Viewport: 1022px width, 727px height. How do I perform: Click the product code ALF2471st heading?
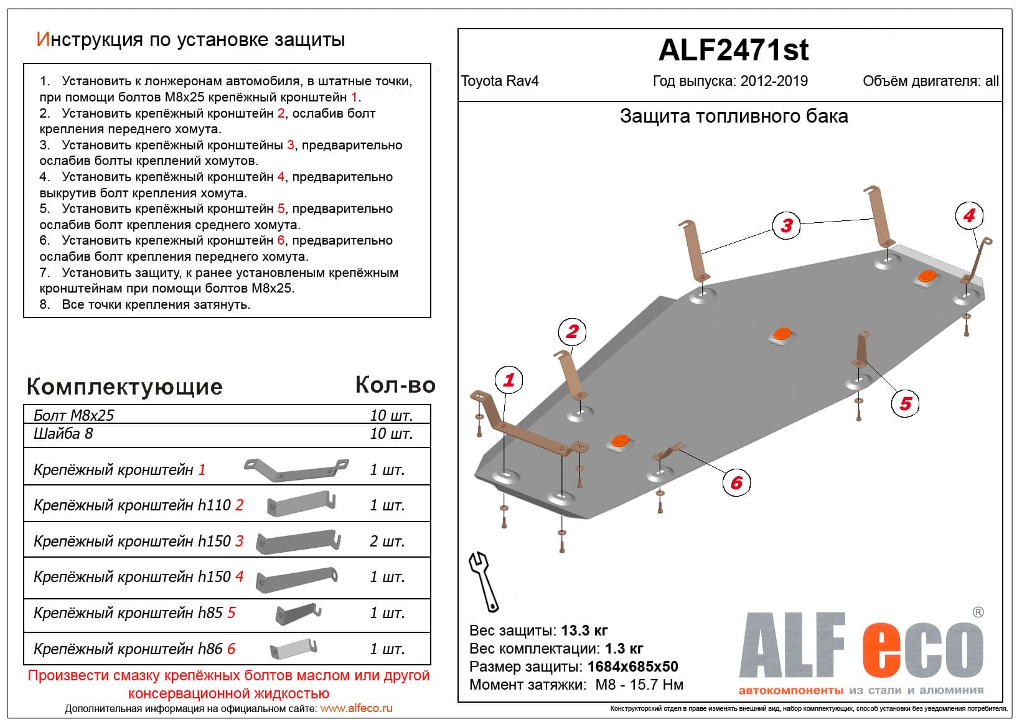click(x=733, y=50)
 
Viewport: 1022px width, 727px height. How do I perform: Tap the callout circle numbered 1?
click(x=509, y=380)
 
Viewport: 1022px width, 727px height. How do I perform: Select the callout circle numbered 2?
click(x=572, y=332)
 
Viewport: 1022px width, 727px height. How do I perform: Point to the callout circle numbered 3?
click(x=787, y=225)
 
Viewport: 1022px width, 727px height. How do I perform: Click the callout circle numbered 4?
click(x=969, y=216)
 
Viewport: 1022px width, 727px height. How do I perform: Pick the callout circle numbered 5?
click(x=905, y=403)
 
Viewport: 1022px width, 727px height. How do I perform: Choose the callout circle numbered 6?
click(x=736, y=482)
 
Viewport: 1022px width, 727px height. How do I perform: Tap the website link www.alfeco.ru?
click(x=356, y=708)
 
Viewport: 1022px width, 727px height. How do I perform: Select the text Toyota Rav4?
click(x=500, y=82)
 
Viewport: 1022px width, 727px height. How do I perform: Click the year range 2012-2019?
click(x=774, y=82)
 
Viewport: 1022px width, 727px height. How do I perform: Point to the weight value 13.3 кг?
click(x=584, y=631)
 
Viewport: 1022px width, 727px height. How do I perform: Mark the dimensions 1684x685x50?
click(x=632, y=667)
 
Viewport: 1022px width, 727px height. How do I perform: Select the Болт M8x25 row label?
click(x=74, y=415)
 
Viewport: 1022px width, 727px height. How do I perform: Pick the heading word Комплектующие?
click(x=124, y=387)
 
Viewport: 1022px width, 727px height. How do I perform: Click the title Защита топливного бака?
click(x=733, y=116)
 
